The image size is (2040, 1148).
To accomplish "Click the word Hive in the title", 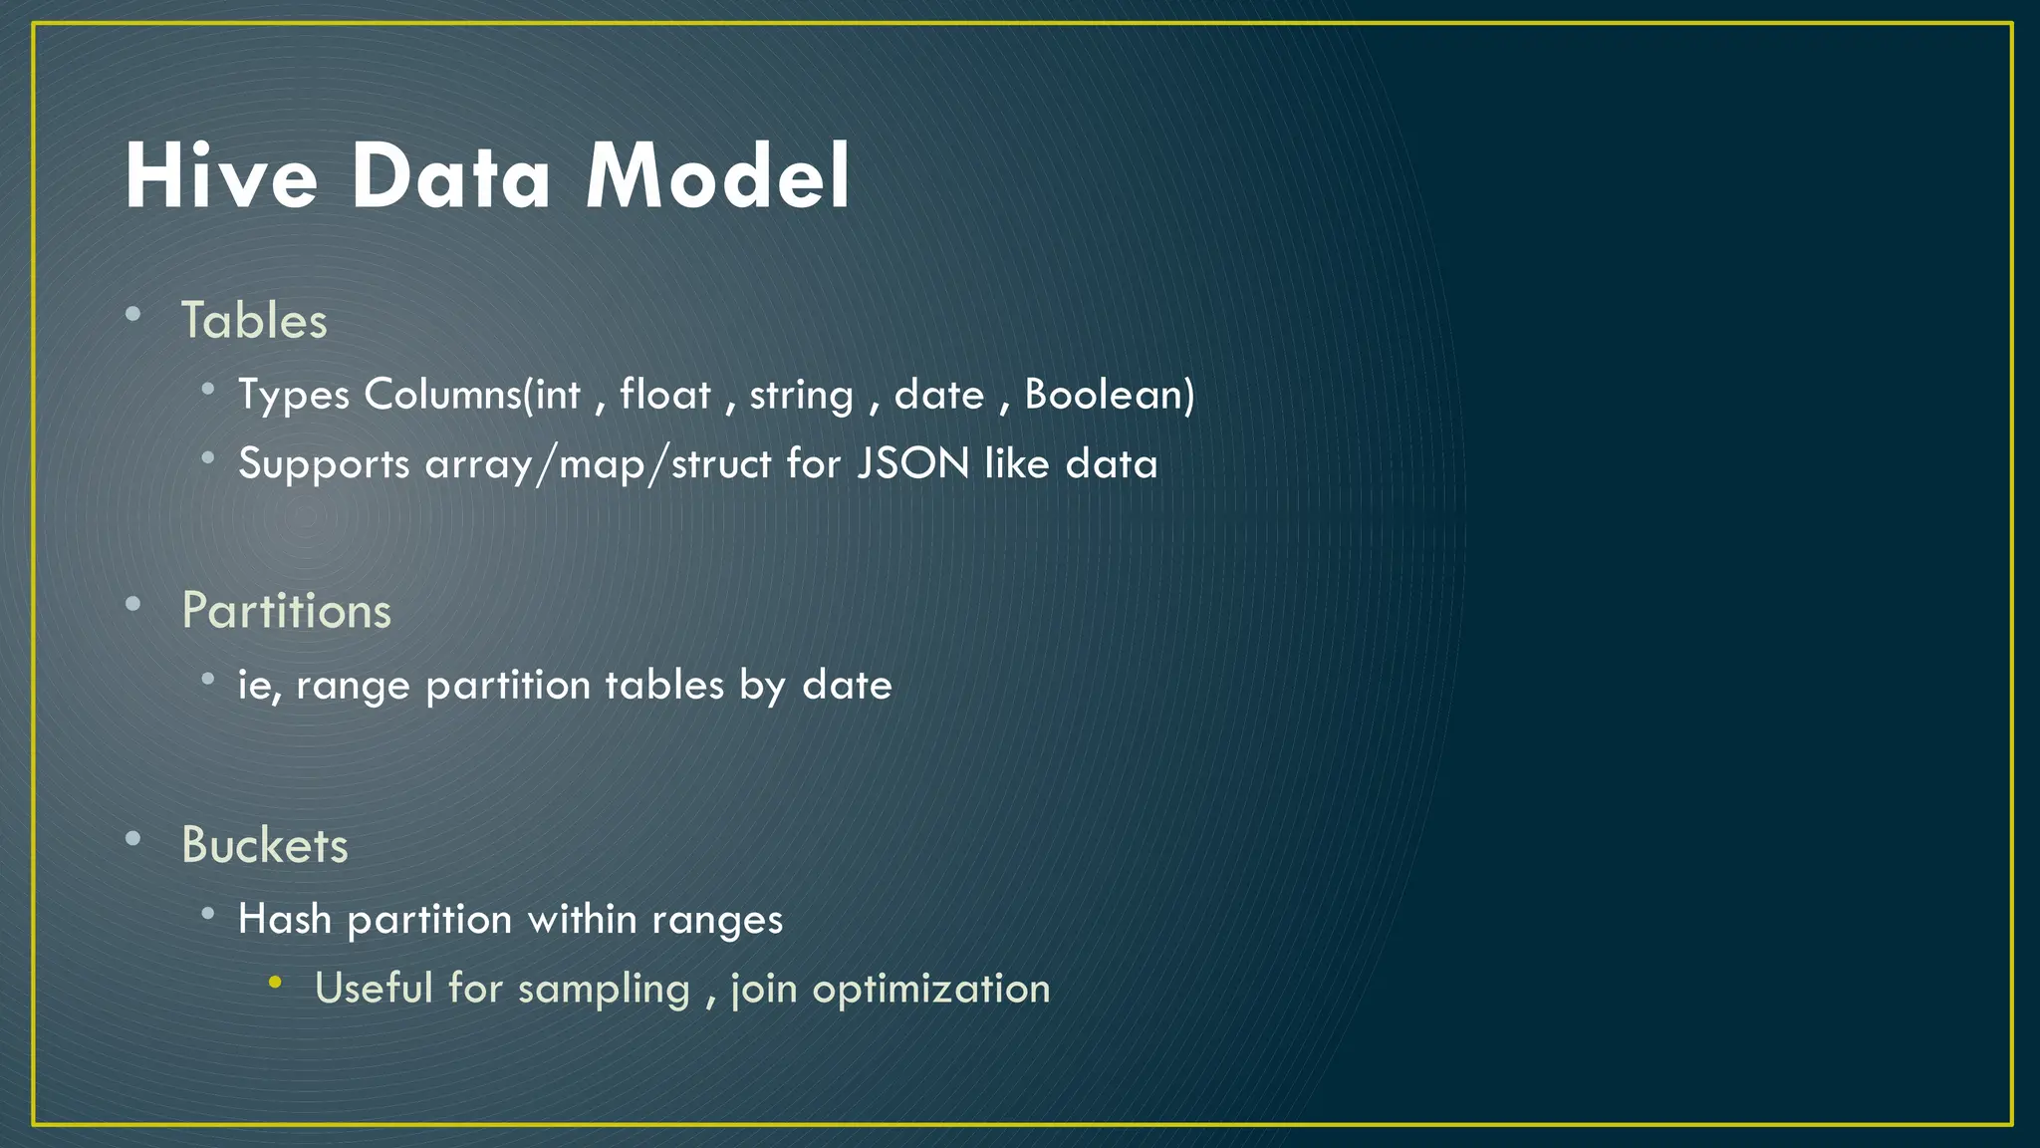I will [221, 176].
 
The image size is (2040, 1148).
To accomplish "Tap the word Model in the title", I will [717, 176].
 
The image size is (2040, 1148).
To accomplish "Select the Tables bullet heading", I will [254, 321].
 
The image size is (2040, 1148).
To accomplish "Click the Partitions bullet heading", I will [287, 610].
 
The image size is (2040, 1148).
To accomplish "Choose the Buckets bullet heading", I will [265, 845].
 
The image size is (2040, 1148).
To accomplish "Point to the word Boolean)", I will [1110, 395].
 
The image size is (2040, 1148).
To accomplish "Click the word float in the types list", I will [665, 395].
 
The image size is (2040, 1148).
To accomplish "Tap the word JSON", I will [913, 464].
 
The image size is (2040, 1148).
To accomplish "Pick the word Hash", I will [285, 919].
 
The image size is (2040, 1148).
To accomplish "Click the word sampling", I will [604, 990].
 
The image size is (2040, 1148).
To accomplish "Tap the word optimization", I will [931, 990].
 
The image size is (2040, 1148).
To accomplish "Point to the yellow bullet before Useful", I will [275, 984].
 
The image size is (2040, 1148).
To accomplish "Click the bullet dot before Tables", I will [133, 315].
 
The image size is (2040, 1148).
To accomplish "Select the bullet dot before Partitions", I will [133, 604].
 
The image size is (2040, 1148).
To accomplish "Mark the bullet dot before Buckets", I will [133, 839].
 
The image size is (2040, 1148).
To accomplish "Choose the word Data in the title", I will [451, 176].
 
